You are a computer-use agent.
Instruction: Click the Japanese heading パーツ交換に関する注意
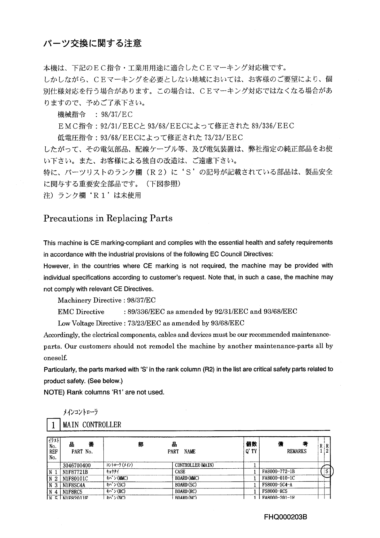coord(92,43)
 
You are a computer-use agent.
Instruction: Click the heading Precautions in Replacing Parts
coord(108,218)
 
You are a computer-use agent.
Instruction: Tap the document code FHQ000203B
coord(286,517)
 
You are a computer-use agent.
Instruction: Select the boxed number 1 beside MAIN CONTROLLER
coord(53,425)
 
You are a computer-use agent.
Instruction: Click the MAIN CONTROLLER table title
coord(92,425)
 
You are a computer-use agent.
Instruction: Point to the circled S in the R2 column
coord(327,472)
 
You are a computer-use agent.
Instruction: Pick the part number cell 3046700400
coord(77,465)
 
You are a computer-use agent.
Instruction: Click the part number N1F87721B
coord(75,472)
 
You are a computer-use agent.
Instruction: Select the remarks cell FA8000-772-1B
coord(278,472)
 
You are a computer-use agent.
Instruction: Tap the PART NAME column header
coord(181,452)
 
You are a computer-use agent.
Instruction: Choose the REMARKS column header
coord(297,451)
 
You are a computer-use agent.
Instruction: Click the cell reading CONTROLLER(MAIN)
coord(194,465)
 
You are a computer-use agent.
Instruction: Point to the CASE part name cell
coord(180,472)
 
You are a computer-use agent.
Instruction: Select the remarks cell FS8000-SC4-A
coord(277,485)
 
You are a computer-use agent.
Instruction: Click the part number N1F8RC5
coord(72,491)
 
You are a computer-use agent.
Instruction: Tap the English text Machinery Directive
coord(89,300)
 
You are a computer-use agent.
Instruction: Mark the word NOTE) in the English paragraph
coord(54,392)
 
